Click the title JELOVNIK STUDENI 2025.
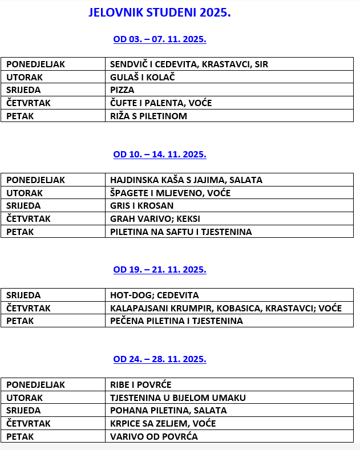point(160,13)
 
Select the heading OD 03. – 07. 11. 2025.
point(160,39)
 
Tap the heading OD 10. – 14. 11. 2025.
point(160,155)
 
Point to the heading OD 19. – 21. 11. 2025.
point(160,270)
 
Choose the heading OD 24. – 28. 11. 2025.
point(160,359)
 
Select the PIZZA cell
point(123,90)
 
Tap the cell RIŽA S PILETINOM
point(149,116)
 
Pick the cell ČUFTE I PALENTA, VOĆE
point(161,103)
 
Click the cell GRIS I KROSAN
point(142,206)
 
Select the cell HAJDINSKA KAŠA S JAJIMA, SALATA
point(186,180)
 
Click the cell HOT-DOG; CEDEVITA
point(155,295)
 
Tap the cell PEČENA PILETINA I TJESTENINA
point(176,321)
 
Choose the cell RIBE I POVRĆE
point(141,385)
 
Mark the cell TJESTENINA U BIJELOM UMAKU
point(178,398)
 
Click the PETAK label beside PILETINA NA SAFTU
point(20,232)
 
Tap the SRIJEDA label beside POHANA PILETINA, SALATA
point(23,411)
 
